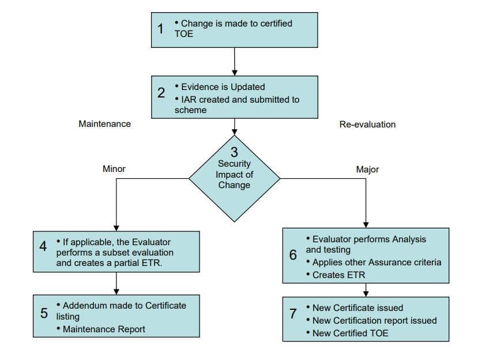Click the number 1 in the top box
coord(160,29)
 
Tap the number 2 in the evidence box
coord(161,93)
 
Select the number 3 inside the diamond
coord(234,152)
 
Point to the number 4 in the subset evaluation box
coord(43,246)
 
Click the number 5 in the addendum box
coord(44,313)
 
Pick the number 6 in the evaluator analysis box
coord(293,255)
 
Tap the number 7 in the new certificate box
coord(293,313)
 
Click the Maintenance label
coord(104,124)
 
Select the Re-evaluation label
coord(367,125)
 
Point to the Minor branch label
coord(114,168)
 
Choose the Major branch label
coord(367,169)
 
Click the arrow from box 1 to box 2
coord(235,62)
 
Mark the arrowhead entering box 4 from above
coord(116,228)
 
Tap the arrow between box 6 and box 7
coord(366,290)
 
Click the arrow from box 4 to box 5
coord(116,283)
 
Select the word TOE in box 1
coord(184,34)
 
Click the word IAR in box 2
coord(189,100)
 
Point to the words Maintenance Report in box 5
coord(104,329)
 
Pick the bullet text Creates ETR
coord(338,275)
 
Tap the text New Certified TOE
coord(350,333)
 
